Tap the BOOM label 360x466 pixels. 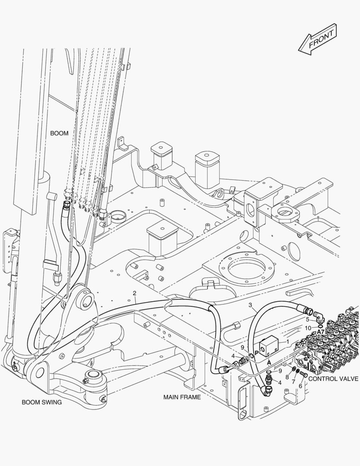point(59,133)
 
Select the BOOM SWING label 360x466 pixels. point(42,402)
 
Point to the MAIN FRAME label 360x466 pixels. point(182,397)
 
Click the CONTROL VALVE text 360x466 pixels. point(333,378)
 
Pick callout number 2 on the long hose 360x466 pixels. point(135,293)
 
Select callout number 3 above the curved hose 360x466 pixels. point(250,305)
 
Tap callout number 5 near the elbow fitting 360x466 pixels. point(307,320)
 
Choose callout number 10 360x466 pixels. point(308,328)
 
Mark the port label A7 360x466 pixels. point(321,331)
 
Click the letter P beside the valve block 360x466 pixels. point(256,353)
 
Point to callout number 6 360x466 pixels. point(301,386)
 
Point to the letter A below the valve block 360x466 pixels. point(269,363)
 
